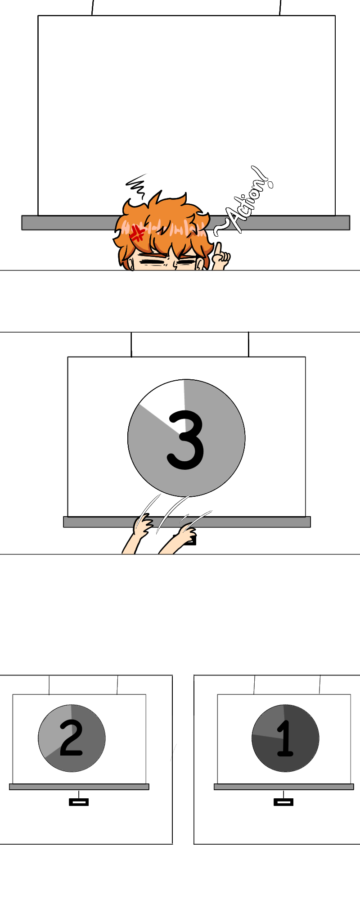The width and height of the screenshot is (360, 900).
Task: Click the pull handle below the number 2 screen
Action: [x=79, y=801]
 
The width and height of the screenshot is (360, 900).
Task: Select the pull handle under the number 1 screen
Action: [x=283, y=801]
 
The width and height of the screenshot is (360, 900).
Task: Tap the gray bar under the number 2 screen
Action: [x=79, y=787]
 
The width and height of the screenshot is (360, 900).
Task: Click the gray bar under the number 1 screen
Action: [x=284, y=787]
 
